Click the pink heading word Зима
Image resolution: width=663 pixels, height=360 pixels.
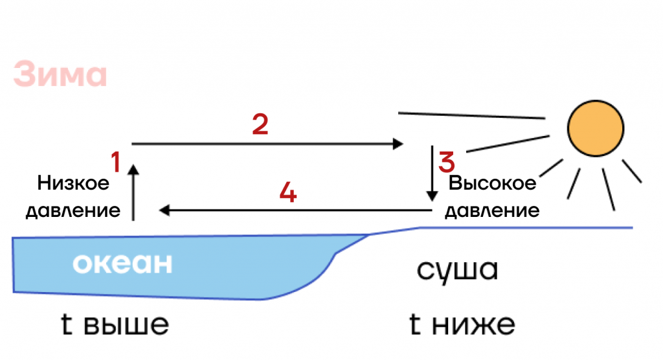(x=60, y=74)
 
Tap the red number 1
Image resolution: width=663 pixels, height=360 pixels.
(x=116, y=162)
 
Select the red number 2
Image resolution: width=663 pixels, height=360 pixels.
(x=260, y=124)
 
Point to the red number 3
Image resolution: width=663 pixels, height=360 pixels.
(x=447, y=163)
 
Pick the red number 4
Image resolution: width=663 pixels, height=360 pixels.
(x=288, y=192)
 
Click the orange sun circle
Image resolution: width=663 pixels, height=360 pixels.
(x=596, y=128)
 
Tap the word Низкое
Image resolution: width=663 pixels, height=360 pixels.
(x=73, y=183)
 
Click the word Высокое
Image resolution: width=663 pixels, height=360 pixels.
(x=492, y=183)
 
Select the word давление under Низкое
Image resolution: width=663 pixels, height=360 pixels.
(x=73, y=210)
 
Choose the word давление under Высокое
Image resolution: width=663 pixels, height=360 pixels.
(x=492, y=210)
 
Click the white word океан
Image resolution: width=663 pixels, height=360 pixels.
(x=122, y=263)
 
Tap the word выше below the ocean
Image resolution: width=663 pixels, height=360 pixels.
(x=126, y=325)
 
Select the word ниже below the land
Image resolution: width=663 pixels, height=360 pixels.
(x=473, y=325)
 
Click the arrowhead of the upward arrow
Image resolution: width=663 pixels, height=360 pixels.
(x=133, y=169)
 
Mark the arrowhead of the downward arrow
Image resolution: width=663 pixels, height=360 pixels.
(x=432, y=196)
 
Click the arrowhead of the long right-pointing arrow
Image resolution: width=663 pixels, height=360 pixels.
(x=398, y=144)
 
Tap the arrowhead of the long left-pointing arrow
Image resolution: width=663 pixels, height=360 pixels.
(x=164, y=210)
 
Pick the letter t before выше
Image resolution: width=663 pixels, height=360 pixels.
(x=67, y=324)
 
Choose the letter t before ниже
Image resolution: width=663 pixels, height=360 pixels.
(x=415, y=324)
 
